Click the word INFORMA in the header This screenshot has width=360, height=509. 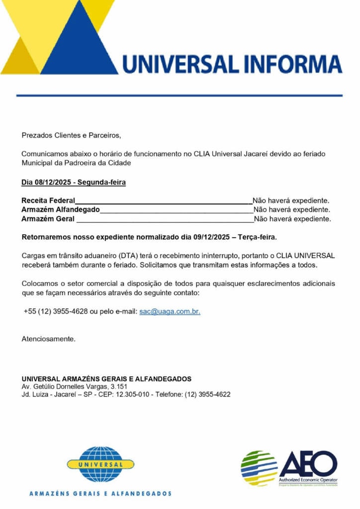[x=289, y=64]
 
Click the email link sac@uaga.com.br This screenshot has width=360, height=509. [x=170, y=312]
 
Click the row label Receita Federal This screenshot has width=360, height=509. [x=48, y=201]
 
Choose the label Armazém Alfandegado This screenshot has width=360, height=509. [x=60, y=210]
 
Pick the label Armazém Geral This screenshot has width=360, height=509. [x=48, y=219]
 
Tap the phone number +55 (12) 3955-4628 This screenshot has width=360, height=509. [x=55, y=312]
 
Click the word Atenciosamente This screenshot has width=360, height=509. [x=48, y=339]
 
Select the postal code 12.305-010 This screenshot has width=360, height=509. [x=134, y=395]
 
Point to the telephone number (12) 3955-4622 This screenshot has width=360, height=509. [x=207, y=395]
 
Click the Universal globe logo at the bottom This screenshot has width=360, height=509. [x=100, y=465]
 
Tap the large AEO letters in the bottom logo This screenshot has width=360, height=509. [x=308, y=463]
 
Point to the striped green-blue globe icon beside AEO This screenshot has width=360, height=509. [x=259, y=468]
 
